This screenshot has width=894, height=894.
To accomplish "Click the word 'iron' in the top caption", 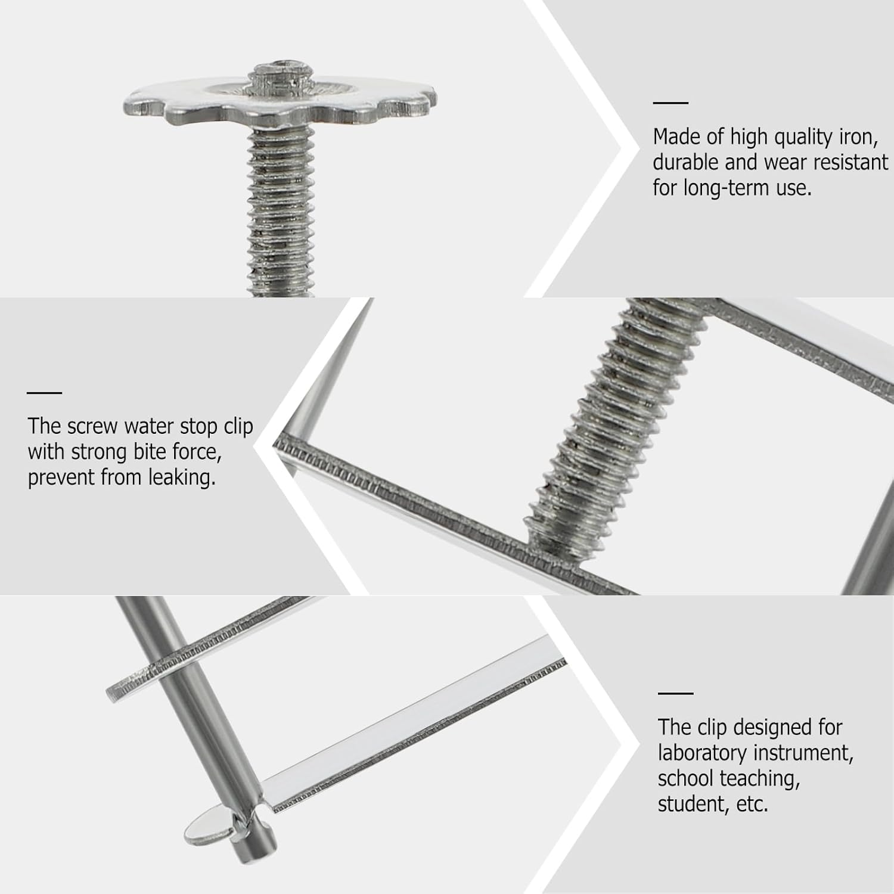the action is (856, 137).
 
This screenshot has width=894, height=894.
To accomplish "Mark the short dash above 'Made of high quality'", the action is (670, 103).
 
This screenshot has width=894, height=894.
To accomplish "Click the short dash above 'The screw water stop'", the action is (45, 393).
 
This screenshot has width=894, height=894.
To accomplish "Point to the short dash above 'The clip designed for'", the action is (675, 693).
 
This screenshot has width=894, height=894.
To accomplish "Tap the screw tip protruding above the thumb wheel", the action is (282, 77).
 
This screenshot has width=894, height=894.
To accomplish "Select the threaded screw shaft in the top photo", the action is (281, 212).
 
